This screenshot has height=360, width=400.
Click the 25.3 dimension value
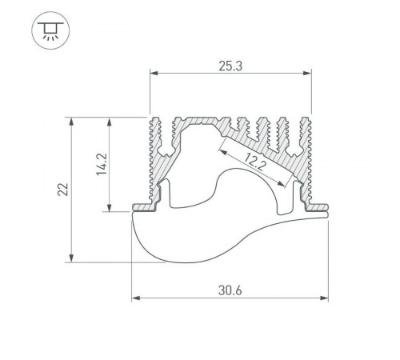230,66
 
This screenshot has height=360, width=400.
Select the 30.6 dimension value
230,290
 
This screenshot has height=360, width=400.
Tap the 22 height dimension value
63,190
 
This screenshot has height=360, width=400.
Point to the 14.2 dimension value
102,164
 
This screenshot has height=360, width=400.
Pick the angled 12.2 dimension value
254,162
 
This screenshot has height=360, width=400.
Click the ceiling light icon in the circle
50,30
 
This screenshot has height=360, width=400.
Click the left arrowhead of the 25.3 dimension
154,73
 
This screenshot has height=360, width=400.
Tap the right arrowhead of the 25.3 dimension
307,73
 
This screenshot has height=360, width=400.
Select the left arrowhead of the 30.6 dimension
136,298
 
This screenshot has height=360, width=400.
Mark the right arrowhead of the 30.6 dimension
324,298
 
